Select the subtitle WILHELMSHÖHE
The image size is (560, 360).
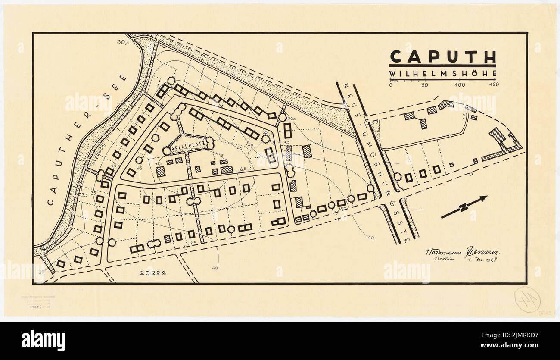pyautogui.click(x=443, y=74)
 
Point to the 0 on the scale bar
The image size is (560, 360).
pyautogui.click(x=390, y=85)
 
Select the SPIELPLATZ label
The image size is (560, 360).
pyautogui.click(x=188, y=148)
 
